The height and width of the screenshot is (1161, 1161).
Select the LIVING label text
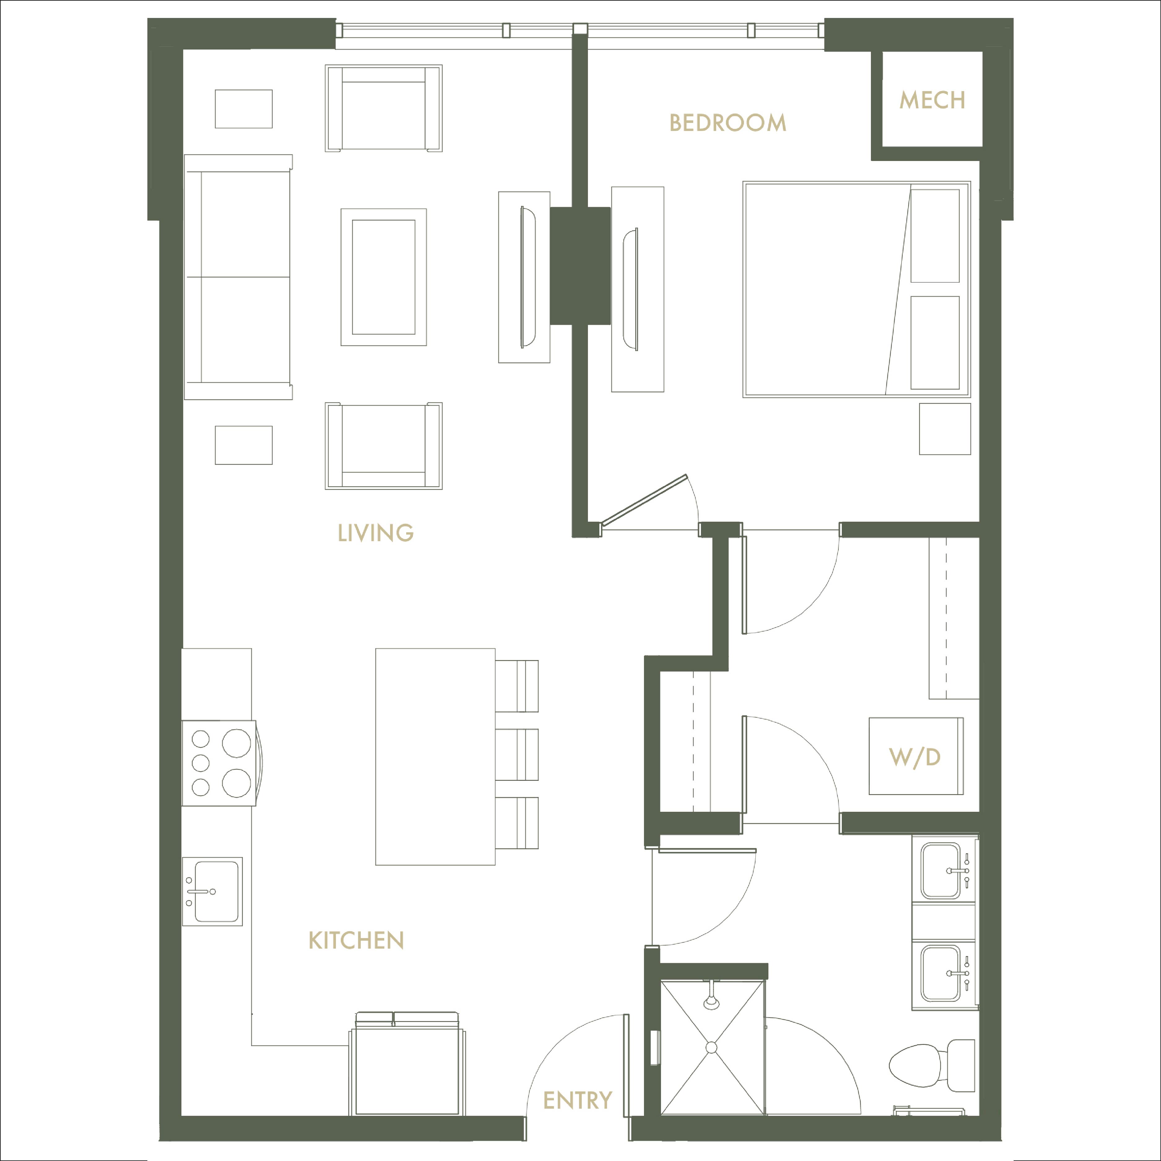pos(376,533)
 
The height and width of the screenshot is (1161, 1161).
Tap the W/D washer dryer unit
pos(916,756)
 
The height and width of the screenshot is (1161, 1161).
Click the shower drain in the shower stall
pos(711,1047)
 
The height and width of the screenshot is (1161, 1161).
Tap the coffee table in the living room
pos(383,277)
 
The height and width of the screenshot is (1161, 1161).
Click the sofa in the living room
pos(238,277)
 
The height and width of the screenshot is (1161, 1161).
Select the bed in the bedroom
pos(856,289)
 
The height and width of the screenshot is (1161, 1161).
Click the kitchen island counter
pos(435,757)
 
